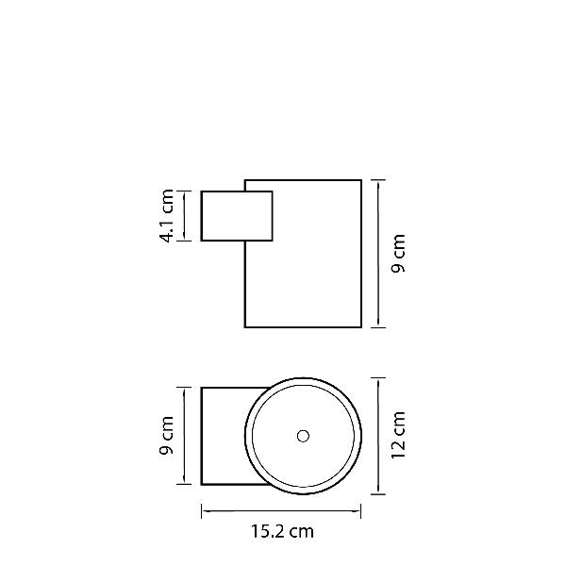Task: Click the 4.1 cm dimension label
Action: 167,216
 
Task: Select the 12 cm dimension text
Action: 398,435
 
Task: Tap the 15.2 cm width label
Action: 282,531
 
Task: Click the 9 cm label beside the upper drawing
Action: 398,253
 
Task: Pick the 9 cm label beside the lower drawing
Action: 167,435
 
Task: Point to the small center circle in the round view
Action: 303,436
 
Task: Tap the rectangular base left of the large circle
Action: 202,436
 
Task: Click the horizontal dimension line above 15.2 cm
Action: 281,510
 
